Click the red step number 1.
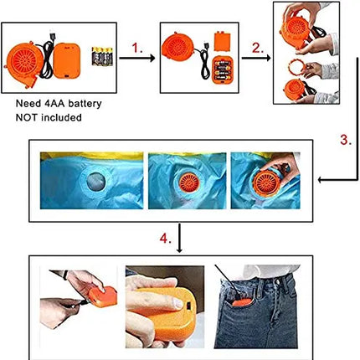click(137, 49)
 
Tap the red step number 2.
click(258, 49)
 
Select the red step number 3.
click(346, 140)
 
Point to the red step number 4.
click(166, 239)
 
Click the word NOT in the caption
click(26, 117)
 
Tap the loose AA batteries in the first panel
click(102, 56)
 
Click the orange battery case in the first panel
click(67, 60)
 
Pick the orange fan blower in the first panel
click(23, 64)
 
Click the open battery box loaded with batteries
click(222, 69)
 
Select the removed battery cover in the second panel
click(223, 41)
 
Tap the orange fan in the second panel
click(177, 48)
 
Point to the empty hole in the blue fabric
click(95, 180)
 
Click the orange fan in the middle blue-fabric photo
click(189, 182)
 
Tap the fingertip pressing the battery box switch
click(177, 303)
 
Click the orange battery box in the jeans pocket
click(242, 301)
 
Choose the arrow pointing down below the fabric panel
click(179, 238)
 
